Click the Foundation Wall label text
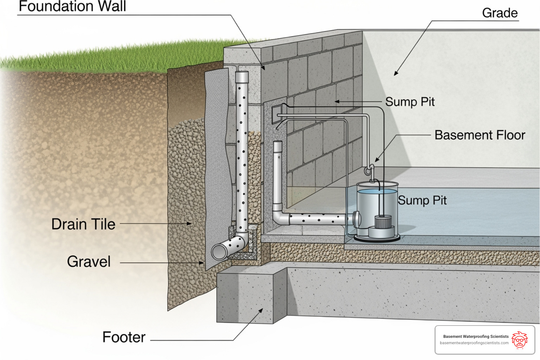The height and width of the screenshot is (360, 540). pyautogui.click(x=72, y=6)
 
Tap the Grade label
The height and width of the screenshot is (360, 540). pyautogui.click(x=500, y=13)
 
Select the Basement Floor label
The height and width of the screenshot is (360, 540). pyautogui.click(x=480, y=135)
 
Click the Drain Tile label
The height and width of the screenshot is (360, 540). pyautogui.click(x=83, y=224)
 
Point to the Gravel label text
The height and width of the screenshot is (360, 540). pyautogui.click(x=89, y=262)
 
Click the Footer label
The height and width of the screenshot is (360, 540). pyautogui.click(x=124, y=337)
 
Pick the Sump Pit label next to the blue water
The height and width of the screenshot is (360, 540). pyautogui.click(x=422, y=200)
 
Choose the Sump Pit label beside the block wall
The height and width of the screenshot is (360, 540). pyautogui.click(x=410, y=102)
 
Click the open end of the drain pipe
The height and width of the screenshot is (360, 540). pyautogui.click(x=219, y=252)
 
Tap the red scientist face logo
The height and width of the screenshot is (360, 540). pyautogui.click(x=519, y=340)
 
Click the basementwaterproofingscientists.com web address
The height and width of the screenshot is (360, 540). pyautogui.click(x=474, y=343)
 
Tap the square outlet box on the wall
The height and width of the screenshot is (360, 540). pyautogui.click(x=277, y=110)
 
